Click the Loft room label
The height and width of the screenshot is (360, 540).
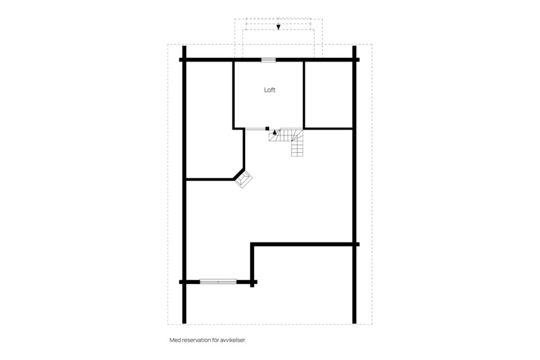point(269,90)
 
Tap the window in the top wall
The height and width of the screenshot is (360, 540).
point(268,60)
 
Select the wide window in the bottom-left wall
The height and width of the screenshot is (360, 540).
point(218,282)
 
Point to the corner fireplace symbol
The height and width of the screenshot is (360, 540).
point(244,179)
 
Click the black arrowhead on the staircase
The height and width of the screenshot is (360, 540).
point(274,132)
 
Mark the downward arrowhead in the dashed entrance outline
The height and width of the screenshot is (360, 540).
point(278,27)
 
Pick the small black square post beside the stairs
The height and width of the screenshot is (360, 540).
point(267,128)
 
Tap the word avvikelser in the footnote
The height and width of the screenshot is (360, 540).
point(233,340)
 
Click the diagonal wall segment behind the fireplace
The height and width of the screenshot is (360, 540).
point(238,174)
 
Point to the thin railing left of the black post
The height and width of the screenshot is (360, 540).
point(255,129)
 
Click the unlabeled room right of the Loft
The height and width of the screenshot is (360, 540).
point(329,94)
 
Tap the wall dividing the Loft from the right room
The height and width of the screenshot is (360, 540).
point(304,94)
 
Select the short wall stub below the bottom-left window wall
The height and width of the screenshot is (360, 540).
point(252,285)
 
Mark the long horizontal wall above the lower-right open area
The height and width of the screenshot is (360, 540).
point(305,245)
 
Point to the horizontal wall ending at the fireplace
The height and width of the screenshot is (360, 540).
point(210,179)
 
